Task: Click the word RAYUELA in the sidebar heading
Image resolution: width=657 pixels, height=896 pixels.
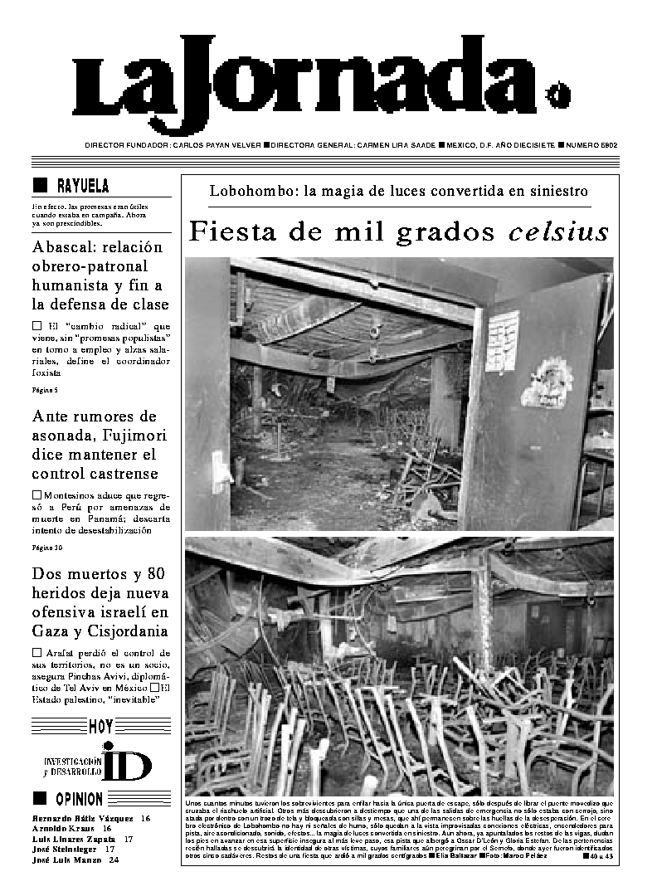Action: [83, 186]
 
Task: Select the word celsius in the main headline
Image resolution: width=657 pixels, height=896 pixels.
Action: [558, 232]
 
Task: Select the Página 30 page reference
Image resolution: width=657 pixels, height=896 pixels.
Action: [47, 548]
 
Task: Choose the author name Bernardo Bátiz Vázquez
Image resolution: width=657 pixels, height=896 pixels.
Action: [83, 819]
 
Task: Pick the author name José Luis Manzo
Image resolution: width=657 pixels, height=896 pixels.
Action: [69, 860]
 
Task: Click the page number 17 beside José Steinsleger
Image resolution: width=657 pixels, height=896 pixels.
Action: [109, 850]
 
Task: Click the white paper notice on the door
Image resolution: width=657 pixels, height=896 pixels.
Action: [501, 340]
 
